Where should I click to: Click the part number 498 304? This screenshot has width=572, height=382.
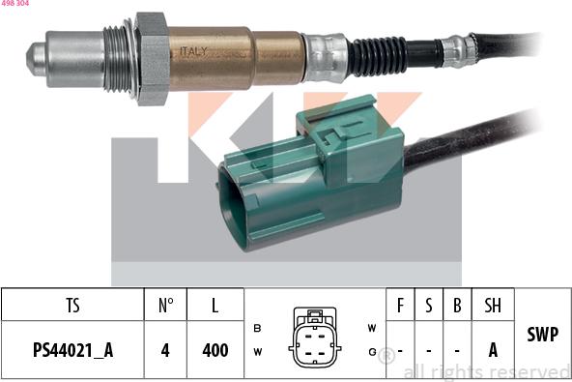pyautogui.click(x=14, y=4)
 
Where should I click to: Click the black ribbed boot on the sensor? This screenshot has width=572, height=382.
pyautogui.click(x=377, y=55)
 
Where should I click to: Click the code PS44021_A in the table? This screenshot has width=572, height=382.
pyautogui.click(x=72, y=350)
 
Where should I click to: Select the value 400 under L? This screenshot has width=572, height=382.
pyautogui.click(x=214, y=350)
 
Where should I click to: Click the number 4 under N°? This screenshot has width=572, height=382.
pyautogui.click(x=165, y=350)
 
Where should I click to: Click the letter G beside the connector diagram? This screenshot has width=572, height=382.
pyautogui.click(x=372, y=351)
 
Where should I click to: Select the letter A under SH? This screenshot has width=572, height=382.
pyautogui.click(x=493, y=350)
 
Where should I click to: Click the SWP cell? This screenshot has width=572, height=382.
pyautogui.click(x=542, y=334)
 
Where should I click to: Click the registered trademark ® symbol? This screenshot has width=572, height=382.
pyautogui.click(x=386, y=356)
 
